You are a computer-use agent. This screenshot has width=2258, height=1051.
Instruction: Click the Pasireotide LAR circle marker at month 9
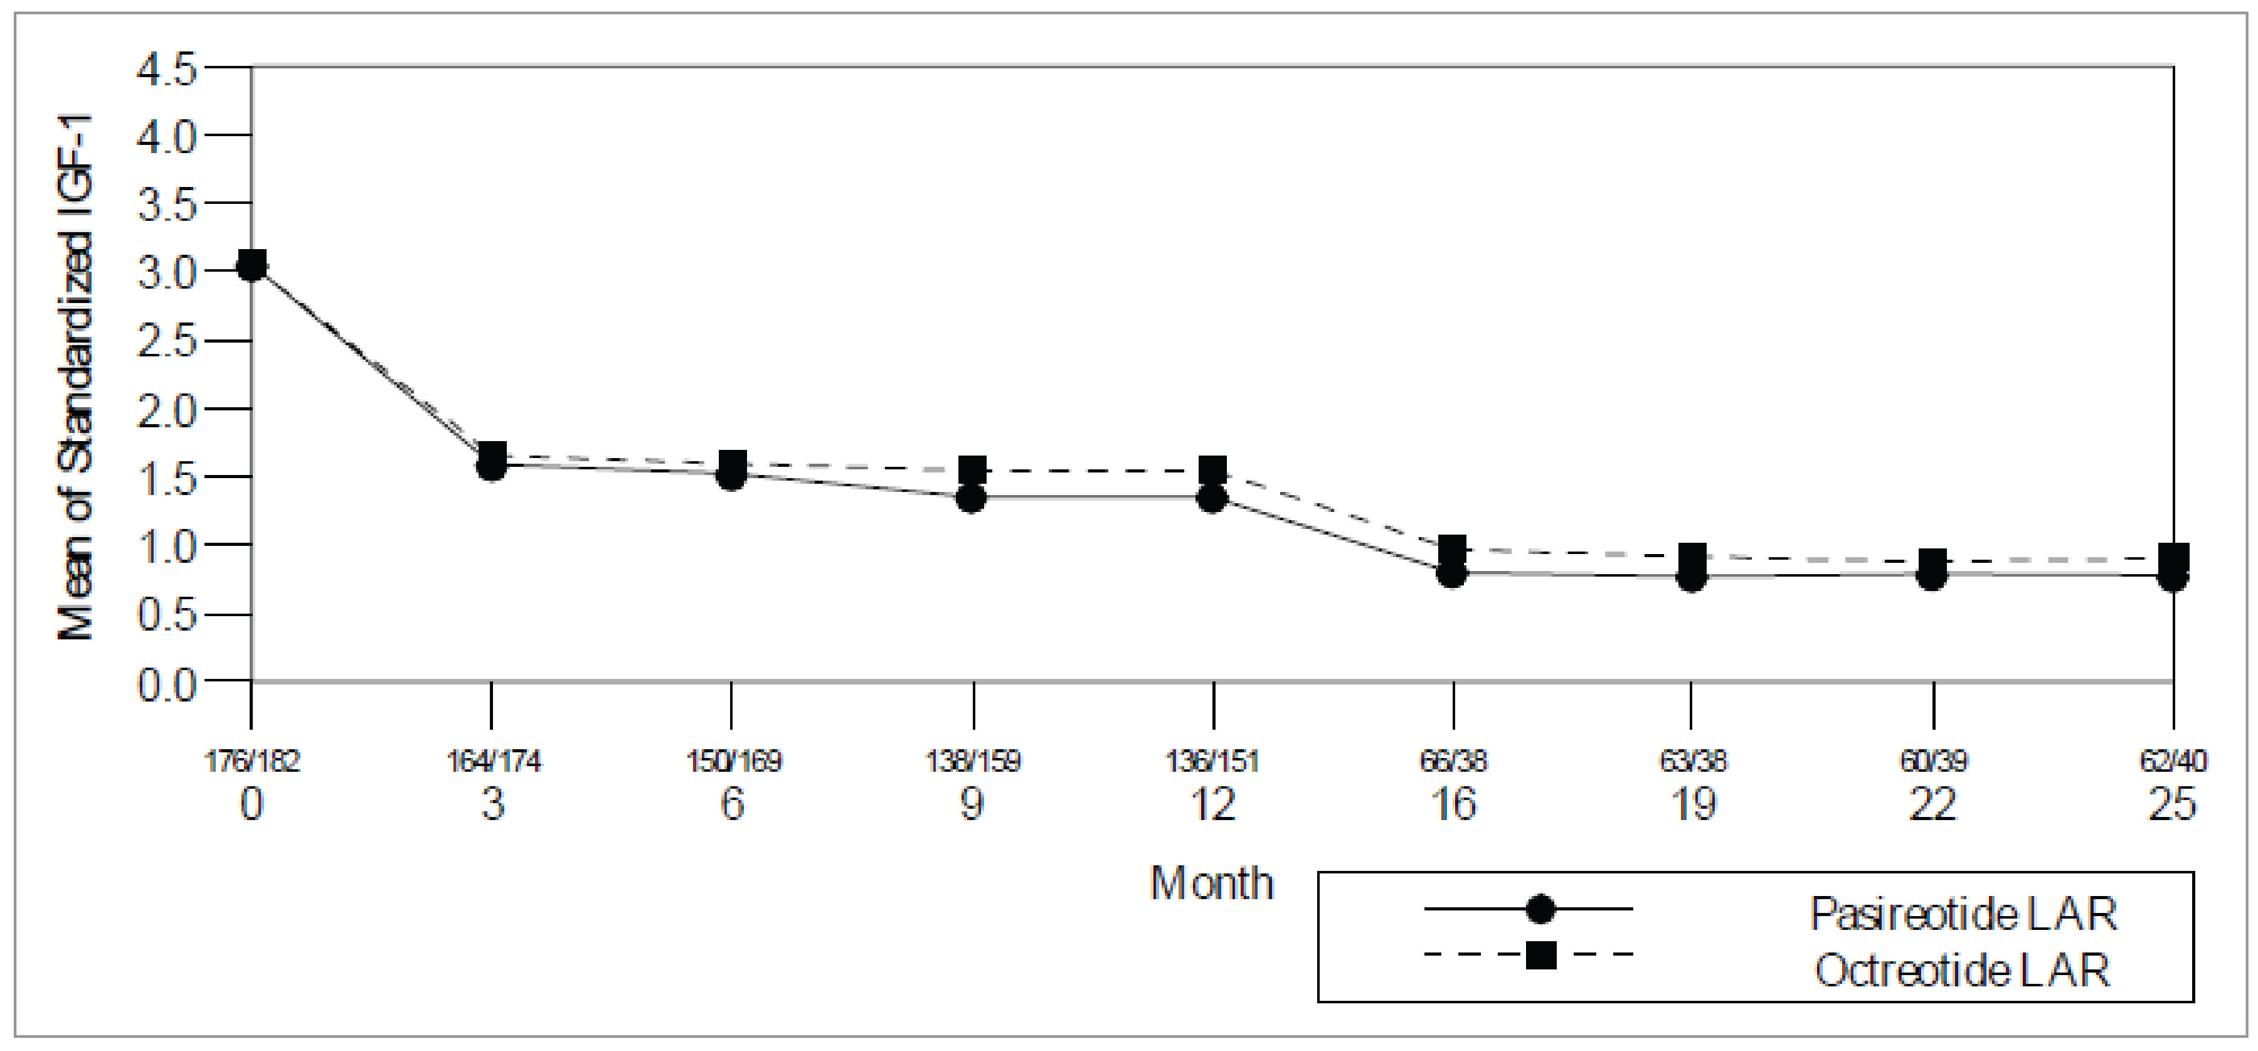(x=971, y=499)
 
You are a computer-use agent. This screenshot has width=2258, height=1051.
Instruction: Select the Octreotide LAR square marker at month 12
(x=1212, y=471)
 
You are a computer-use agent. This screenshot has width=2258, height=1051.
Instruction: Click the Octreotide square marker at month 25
(x=2173, y=557)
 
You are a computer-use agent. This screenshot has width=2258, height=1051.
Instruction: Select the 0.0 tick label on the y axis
(x=167, y=684)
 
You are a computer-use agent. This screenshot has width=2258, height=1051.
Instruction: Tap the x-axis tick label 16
(x=1453, y=804)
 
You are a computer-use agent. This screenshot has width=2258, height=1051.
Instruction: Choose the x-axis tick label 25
(x=2173, y=804)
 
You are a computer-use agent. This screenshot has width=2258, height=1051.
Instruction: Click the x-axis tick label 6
(x=732, y=804)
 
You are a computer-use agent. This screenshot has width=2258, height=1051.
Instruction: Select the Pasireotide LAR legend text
(x=1963, y=914)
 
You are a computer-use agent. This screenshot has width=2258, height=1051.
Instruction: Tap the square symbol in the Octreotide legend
(x=1540, y=954)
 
